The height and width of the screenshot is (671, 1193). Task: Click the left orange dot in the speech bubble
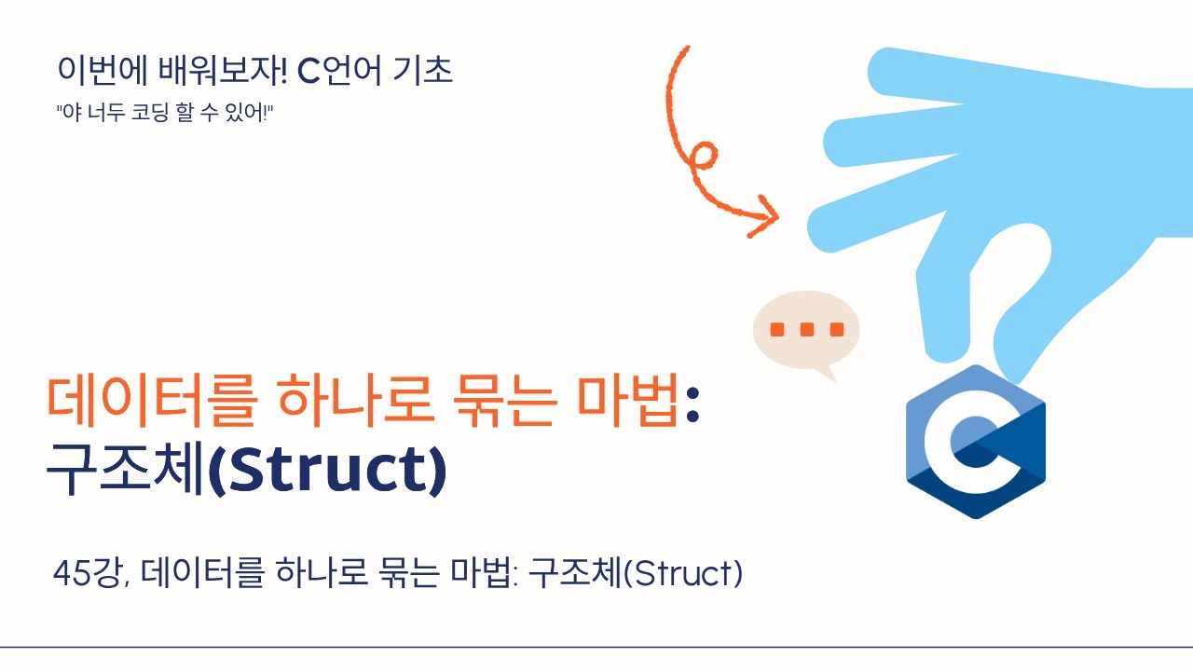(777, 329)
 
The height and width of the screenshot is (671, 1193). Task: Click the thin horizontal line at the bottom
(596, 647)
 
